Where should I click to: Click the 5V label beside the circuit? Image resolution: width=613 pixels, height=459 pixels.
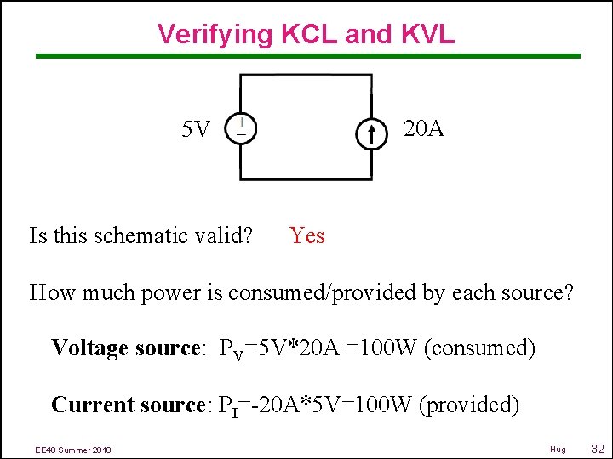coord(196,130)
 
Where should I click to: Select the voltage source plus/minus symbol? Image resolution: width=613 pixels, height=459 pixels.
coord(242,128)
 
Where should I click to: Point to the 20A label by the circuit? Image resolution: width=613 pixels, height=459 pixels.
coord(423,128)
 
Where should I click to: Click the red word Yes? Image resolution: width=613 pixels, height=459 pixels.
coord(306,235)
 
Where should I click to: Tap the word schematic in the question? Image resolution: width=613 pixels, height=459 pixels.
coord(145,235)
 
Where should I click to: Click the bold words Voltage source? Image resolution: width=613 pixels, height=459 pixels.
coord(125,348)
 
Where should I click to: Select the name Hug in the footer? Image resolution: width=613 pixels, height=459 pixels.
coord(558,449)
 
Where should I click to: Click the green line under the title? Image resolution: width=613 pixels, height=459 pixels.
coord(306,57)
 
